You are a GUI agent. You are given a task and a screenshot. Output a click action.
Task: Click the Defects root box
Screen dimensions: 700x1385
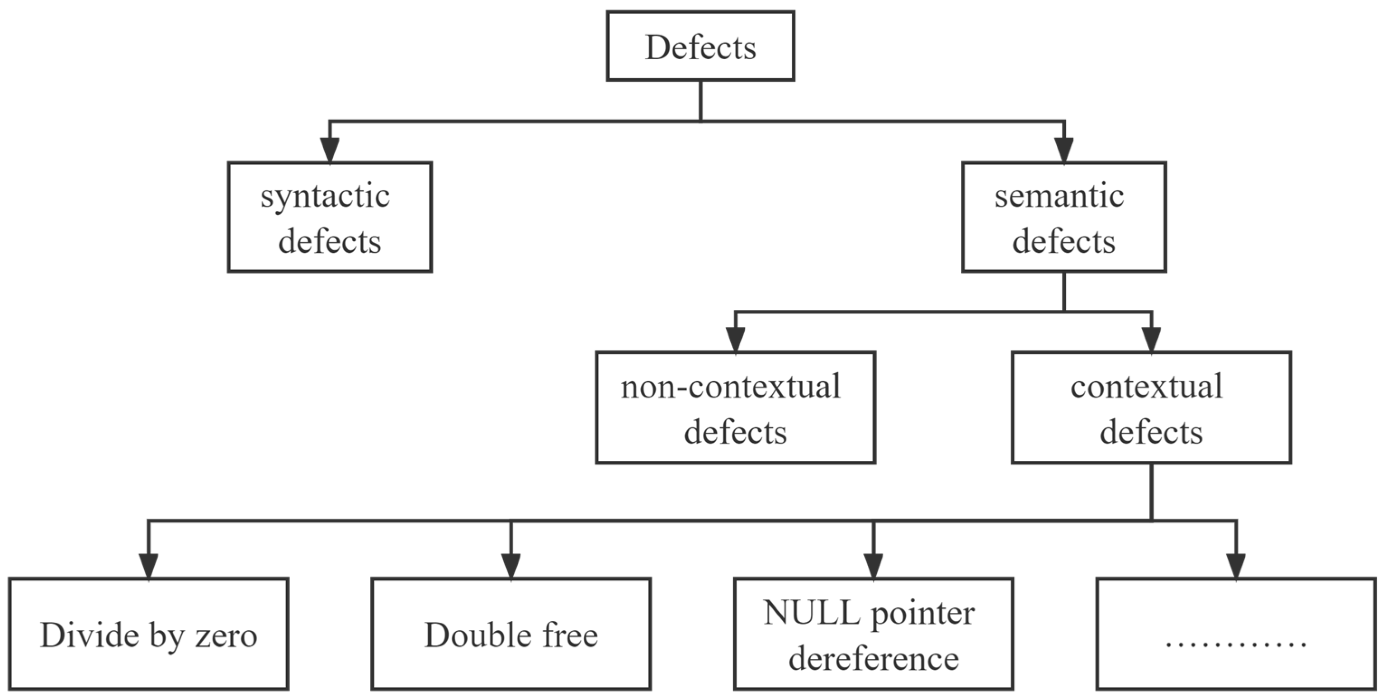[700, 46]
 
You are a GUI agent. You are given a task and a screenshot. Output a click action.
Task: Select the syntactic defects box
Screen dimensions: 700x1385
[330, 217]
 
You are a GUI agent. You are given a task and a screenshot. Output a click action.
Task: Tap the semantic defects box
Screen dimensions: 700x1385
[1064, 217]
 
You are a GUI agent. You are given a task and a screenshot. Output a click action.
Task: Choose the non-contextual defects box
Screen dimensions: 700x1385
[735, 407]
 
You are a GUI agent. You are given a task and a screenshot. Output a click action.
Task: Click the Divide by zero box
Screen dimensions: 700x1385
[148, 634]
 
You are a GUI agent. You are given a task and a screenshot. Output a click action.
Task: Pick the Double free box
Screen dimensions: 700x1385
[511, 634]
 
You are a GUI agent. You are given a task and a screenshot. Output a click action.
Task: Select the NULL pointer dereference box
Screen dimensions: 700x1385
[873, 634]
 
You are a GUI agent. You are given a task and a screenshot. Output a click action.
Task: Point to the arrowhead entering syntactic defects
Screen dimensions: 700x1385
[330, 150]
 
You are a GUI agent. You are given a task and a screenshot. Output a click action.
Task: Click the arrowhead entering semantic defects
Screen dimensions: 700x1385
[1064, 150]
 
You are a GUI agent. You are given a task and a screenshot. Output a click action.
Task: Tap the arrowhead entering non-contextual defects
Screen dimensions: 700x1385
[735, 340]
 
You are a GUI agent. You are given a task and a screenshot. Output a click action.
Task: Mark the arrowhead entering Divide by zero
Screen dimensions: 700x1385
[148, 566]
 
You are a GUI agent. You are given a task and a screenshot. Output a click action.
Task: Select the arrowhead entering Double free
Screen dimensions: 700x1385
[511, 566]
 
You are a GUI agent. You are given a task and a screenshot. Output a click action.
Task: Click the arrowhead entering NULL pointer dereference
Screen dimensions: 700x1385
[873, 566]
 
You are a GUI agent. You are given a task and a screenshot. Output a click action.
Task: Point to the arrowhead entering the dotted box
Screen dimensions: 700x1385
[1236, 566]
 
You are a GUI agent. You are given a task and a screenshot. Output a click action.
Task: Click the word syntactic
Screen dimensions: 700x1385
[325, 196]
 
